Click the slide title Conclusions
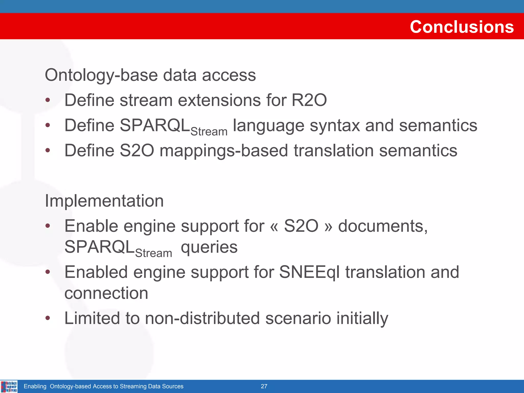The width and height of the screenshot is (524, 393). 462,27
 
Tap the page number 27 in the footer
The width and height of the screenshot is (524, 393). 264,386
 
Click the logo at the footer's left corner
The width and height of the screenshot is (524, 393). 9,386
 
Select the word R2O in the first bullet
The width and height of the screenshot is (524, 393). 309,100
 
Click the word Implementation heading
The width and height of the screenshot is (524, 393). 104,201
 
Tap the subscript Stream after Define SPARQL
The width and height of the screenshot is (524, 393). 209,132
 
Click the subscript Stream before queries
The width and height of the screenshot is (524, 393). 154,253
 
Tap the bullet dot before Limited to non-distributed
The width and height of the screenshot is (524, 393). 48,318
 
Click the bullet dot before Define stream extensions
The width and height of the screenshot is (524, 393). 48,100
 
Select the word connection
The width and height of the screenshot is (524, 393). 106,293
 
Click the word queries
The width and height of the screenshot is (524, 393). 209,248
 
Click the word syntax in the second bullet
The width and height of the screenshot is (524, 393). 334,126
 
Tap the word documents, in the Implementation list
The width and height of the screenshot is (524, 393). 383,226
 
